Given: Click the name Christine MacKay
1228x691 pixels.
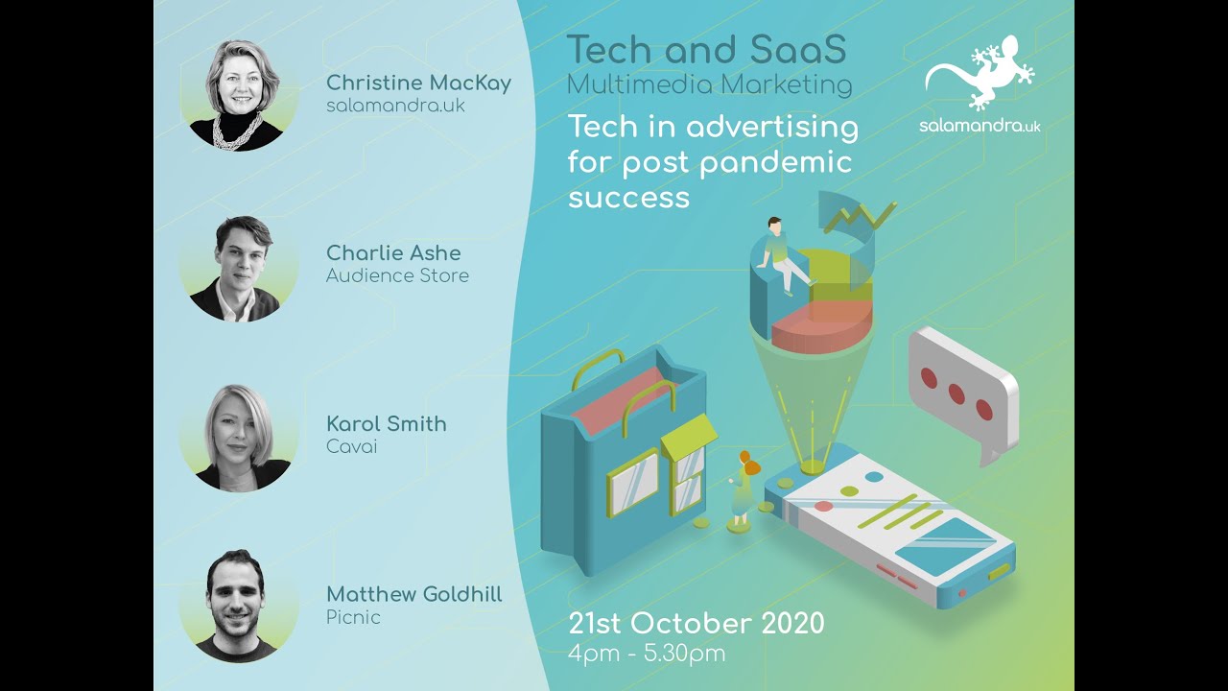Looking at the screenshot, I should [x=418, y=83].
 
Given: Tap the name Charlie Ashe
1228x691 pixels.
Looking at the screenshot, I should [x=393, y=253].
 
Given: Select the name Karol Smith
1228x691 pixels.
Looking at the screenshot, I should [x=386, y=424].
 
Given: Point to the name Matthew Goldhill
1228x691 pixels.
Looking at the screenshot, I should [x=413, y=595].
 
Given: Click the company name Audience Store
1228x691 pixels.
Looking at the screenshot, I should [x=397, y=276].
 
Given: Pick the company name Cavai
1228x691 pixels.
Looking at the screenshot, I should [x=351, y=447].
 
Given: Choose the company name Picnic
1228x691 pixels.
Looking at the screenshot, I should [x=353, y=618].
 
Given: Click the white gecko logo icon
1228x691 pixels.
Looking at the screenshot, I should [x=980, y=73].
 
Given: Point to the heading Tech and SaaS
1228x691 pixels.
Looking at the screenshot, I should [x=706, y=50].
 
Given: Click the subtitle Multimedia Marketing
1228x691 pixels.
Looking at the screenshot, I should [x=709, y=84].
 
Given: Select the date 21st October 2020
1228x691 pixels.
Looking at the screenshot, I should [x=696, y=623].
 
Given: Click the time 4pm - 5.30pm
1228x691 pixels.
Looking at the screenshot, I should [x=647, y=655].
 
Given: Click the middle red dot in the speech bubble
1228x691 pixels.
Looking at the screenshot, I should [x=956, y=393].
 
